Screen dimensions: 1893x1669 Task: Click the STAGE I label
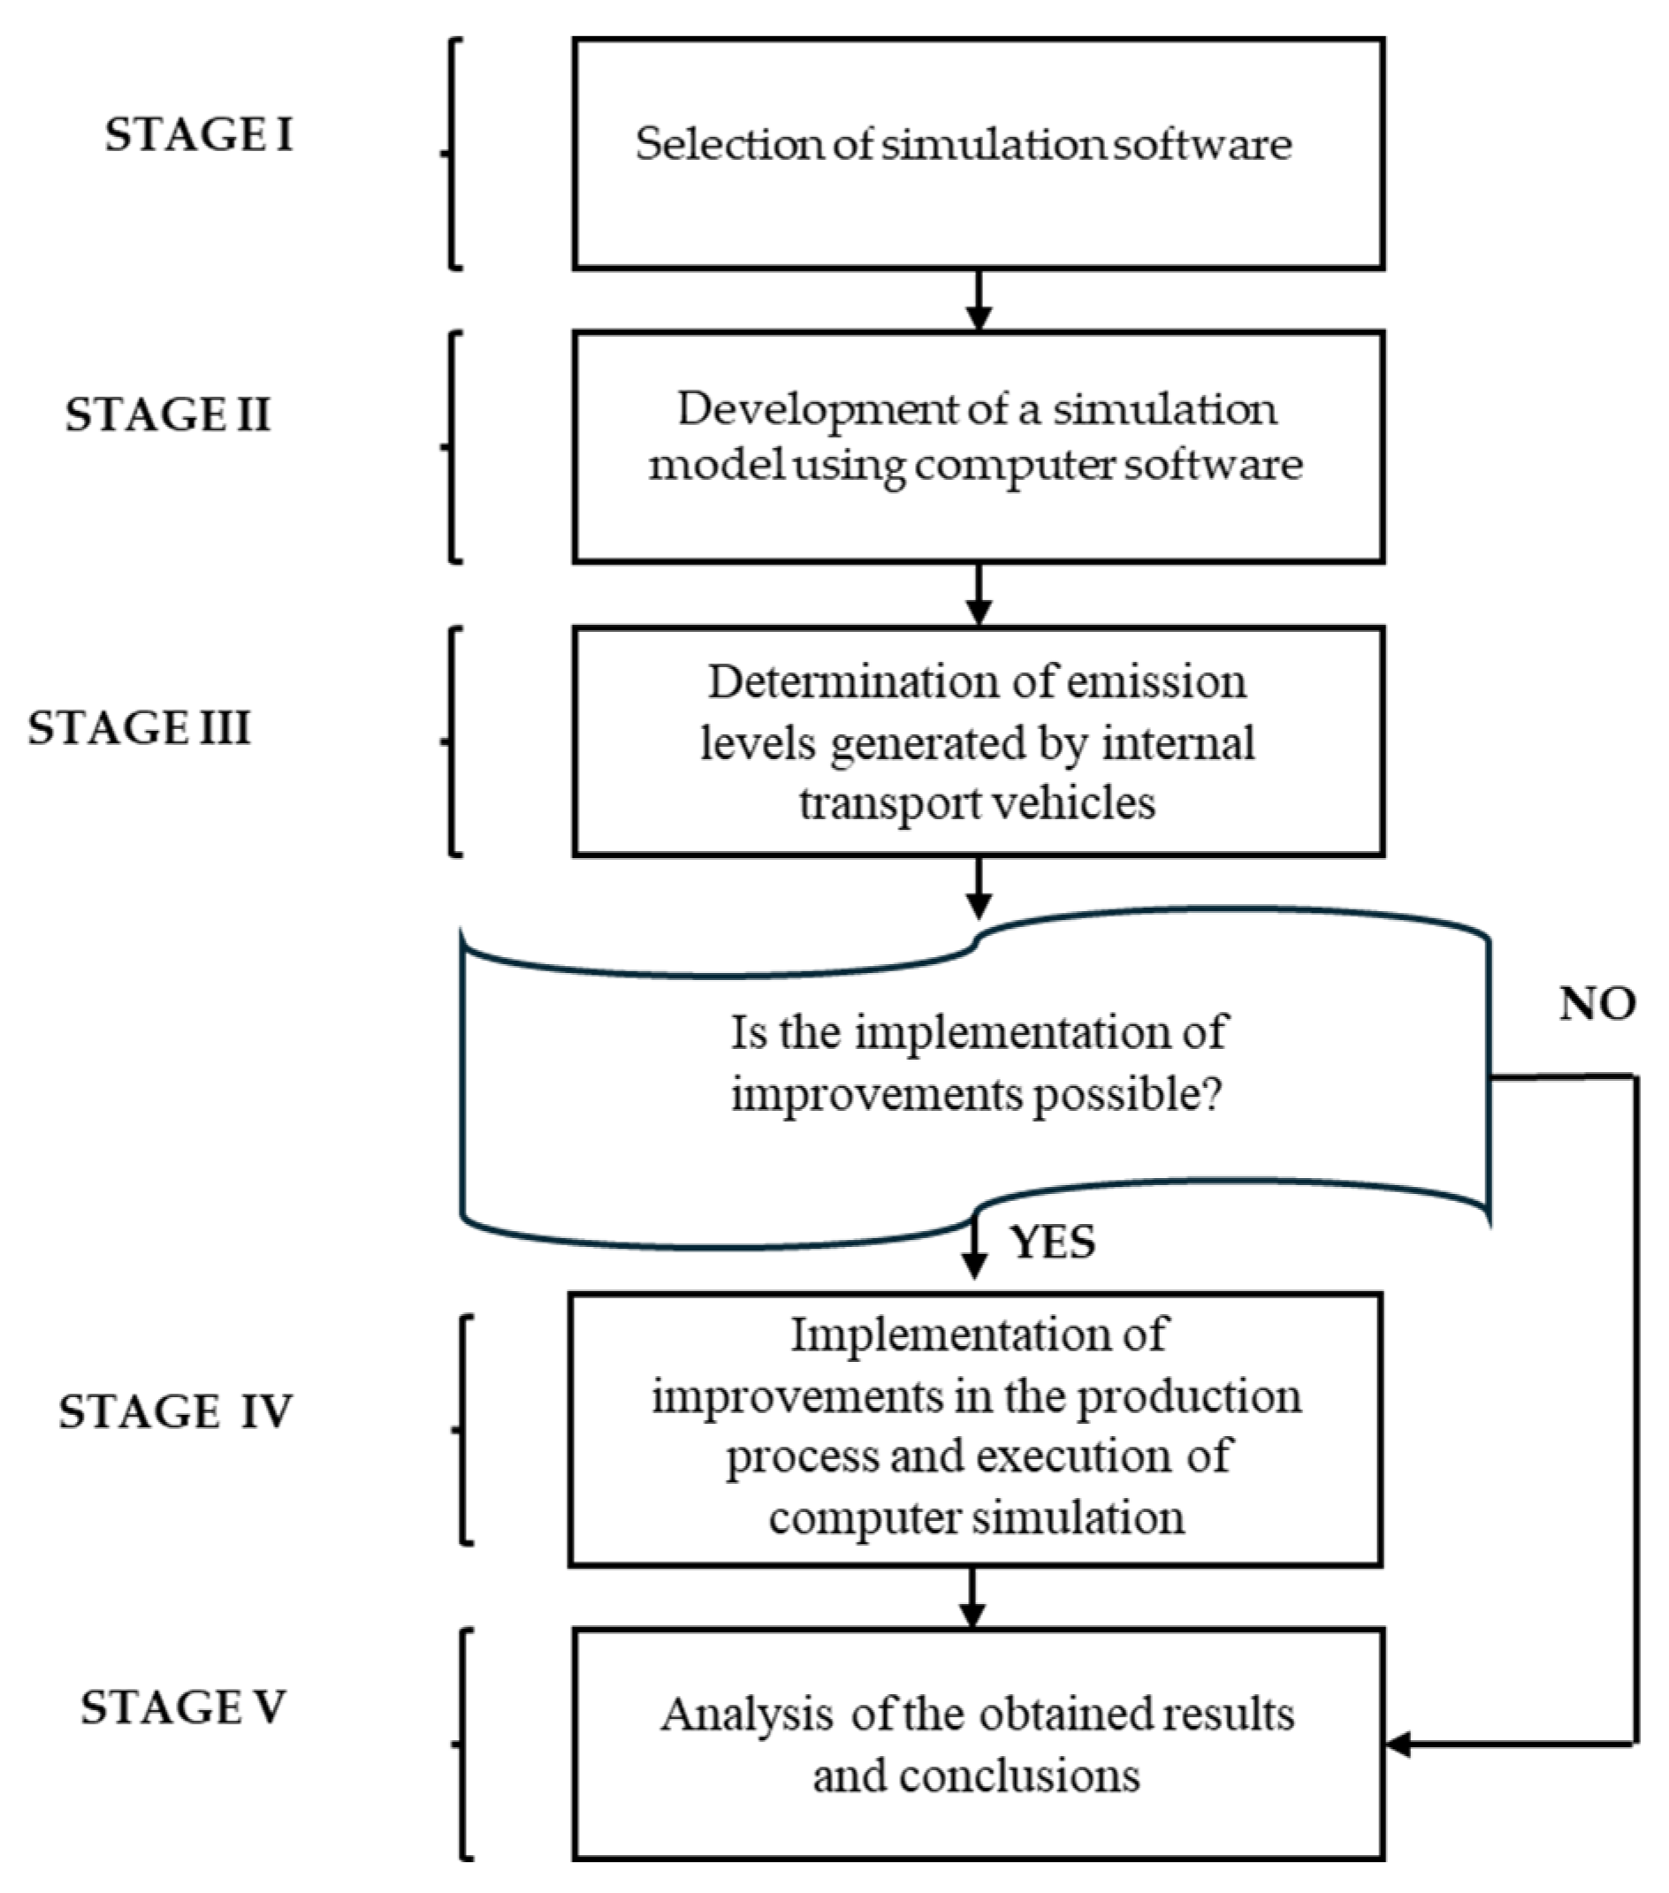[198, 135]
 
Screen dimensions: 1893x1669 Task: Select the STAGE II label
[168, 414]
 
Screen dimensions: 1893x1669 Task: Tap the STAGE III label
[139, 727]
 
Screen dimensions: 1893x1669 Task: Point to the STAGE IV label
[175, 1411]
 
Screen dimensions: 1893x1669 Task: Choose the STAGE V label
[182, 1707]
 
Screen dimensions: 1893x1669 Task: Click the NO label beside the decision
[1597, 1004]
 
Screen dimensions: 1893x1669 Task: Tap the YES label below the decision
[1053, 1243]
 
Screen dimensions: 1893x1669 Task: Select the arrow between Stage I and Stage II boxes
[978, 301]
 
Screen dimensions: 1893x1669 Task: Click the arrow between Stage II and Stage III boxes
[978, 596]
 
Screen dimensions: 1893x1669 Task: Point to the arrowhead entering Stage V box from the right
[1398, 1745]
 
